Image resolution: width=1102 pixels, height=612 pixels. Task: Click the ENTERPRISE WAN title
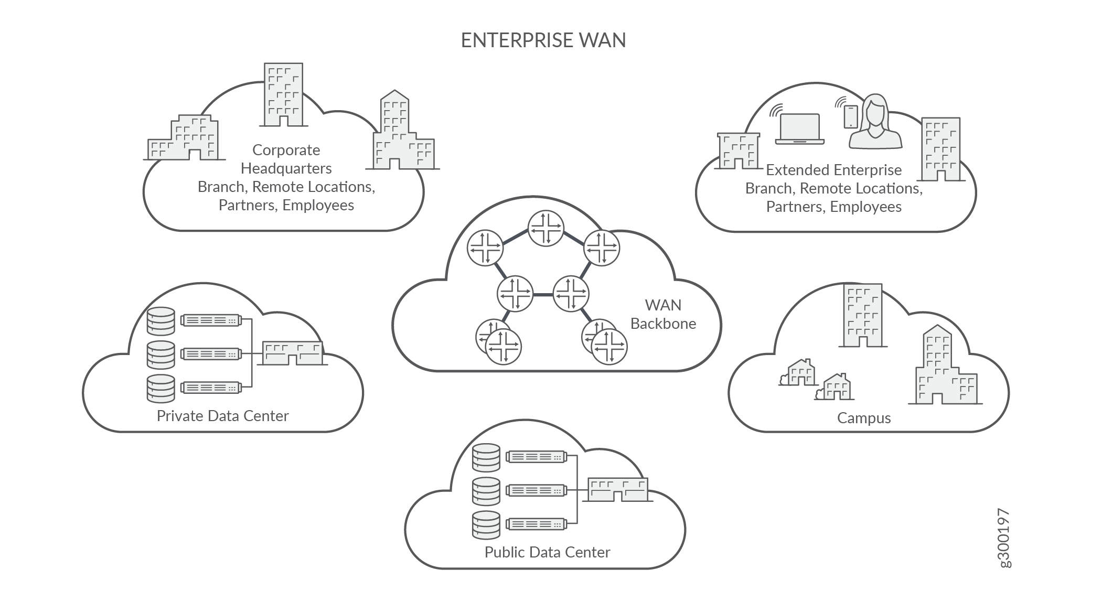[543, 40]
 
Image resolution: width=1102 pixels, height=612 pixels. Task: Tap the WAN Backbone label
[663, 314]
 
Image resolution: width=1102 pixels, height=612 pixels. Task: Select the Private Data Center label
[222, 416]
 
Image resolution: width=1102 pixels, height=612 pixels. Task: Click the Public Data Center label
[547, 552]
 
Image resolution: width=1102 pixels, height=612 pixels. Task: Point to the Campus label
[863, 418]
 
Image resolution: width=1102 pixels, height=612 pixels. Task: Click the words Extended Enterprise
[833, 170]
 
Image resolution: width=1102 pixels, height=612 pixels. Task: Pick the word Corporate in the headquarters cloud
[286, 150]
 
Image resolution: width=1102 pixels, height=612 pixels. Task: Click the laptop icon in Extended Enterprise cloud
[800, 129]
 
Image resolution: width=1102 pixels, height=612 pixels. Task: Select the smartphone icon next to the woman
[850, 116]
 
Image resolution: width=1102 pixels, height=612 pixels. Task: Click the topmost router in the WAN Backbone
[545, 228]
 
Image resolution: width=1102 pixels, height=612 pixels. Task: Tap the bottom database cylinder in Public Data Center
[486, 525]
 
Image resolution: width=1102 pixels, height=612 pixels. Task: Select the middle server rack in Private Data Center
[210, 354]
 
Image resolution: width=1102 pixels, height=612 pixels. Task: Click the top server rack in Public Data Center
[536, 457]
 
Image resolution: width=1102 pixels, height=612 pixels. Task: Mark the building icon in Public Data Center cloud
[618, 490]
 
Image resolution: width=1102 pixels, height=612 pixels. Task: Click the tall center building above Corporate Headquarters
[283, 95]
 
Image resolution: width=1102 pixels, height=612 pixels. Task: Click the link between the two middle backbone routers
[543, 294]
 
